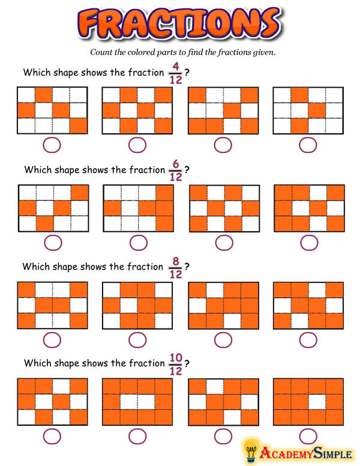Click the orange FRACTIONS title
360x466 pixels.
[x=179, y=23]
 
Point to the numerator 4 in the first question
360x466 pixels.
[x=176, y=66]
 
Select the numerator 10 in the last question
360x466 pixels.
[x=176, y=357]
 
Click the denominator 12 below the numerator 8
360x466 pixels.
[x=176, y=274]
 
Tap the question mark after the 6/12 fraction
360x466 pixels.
[x=187, y=170]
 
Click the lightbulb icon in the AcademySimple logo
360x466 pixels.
[x=251, y=451]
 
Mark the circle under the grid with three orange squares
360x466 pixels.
[x=308, y=145]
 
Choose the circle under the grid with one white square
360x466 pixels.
[x=308, y=437]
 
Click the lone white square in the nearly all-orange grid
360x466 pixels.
[x=317, y=402]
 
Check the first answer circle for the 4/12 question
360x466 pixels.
[x=52, y=145]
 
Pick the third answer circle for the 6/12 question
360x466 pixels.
[x=224, y=243]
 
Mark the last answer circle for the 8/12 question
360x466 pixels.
[x=308, y=340]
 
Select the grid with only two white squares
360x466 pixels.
[x=137, y=402]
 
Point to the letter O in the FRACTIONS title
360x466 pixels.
[x=218, y=24]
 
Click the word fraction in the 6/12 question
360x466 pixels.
[x=147, y=170]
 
